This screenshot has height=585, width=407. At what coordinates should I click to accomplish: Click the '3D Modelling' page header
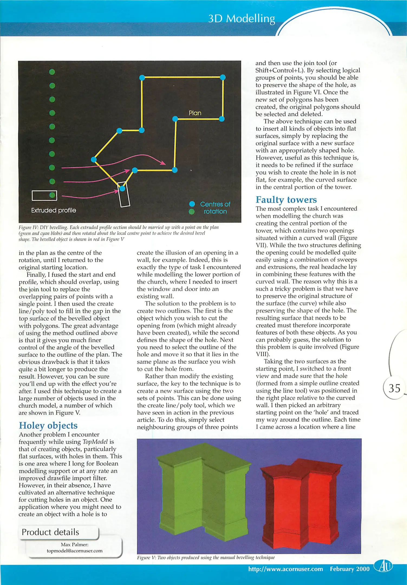[242, 19]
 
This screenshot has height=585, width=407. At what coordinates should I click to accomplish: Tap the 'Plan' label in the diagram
[195, 113]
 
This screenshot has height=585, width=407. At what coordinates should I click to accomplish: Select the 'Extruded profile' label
[54, 210]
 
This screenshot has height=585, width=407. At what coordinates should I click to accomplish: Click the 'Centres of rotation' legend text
[215, 208]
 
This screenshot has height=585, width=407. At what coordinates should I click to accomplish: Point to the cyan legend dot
[192, 204]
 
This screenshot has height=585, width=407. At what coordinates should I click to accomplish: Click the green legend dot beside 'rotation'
[192, 212]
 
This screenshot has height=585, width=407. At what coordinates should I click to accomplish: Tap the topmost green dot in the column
[52, 72]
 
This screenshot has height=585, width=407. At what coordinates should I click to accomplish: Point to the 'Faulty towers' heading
[286, 200]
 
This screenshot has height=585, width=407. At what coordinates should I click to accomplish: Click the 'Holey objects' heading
[48, 425]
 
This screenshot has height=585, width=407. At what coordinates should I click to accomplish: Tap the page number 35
[394, 388]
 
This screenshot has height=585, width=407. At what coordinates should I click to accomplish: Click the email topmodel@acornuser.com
[74, 551]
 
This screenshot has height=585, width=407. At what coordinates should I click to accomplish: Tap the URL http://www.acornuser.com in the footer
[285, 569]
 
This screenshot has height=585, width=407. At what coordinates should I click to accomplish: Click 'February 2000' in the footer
[350, 569]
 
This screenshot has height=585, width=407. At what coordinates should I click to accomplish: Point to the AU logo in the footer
[383, 566]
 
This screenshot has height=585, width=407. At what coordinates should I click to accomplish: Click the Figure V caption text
[206, 557]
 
